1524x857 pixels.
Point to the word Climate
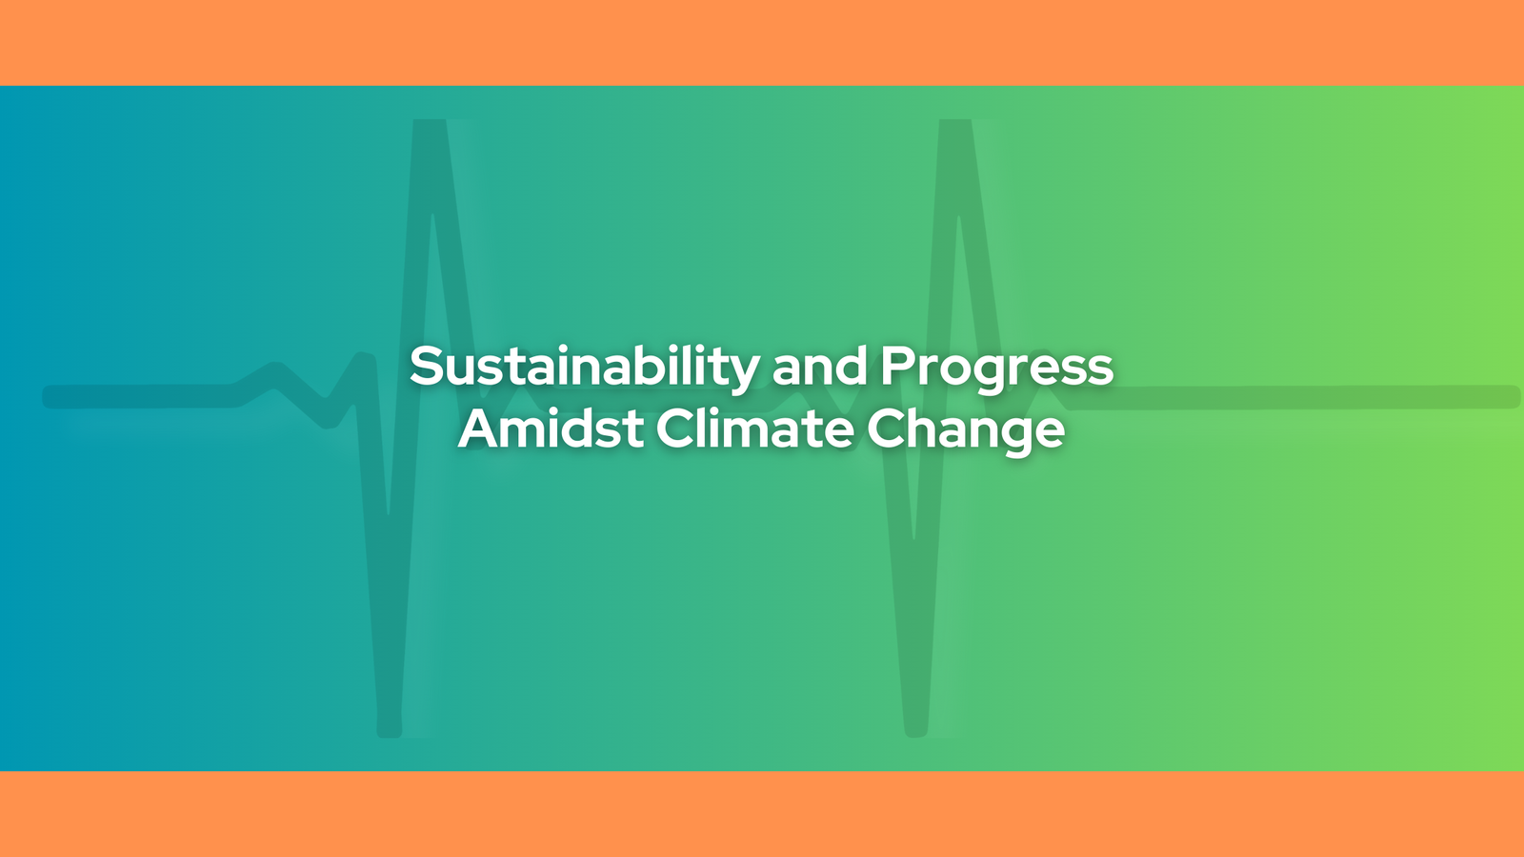click(x=755, y=428)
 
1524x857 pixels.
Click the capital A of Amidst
click(x=481, y=428)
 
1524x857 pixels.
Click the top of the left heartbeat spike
click(x=430, y=123)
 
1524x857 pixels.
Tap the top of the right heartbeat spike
click(x=955, y=123)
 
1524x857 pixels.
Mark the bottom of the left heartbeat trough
click(x=390, y=733)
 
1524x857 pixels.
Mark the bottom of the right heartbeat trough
click(x=915, y=733)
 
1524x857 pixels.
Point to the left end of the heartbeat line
click(x=45, y=396)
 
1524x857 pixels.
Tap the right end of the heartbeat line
click(x=1517, y=396)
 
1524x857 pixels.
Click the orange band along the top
click(x=762, y=42)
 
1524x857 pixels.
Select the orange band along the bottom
click(x=762, y=814)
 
